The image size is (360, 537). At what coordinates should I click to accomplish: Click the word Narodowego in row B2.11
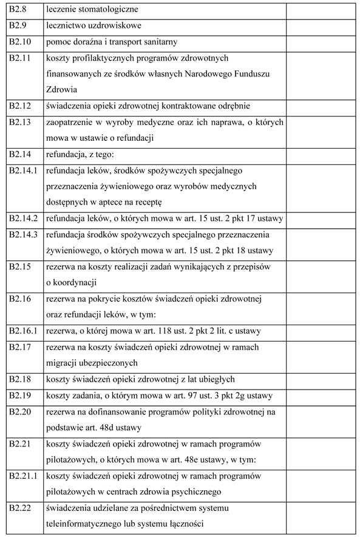point(212,74)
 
